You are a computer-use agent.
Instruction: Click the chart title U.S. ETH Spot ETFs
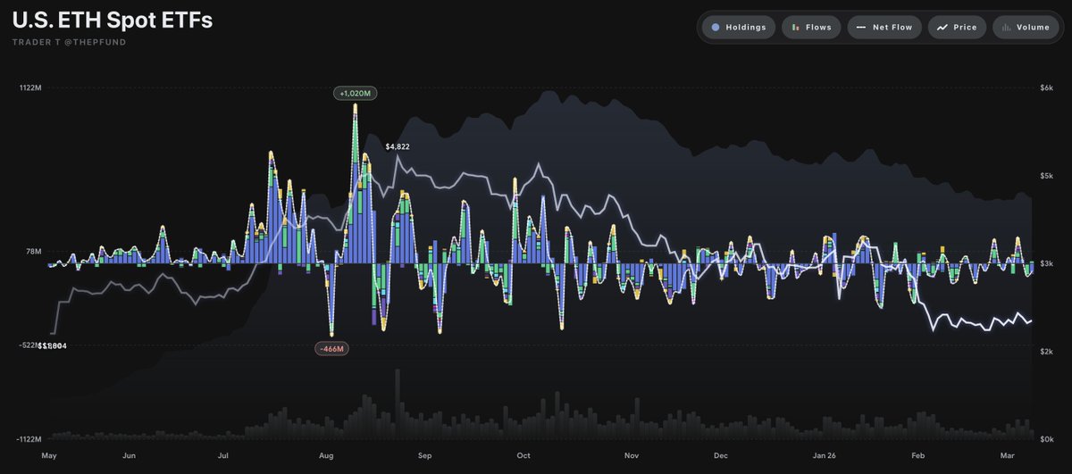tap(113, 21)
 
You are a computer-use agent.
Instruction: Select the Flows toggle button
tap(811, 28)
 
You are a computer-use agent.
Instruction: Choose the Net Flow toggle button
tap(884, 28)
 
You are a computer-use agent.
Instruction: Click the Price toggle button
tap(958, 28)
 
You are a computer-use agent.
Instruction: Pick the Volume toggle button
tap(1026, 28)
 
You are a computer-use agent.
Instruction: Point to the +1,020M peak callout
tap(356, 92)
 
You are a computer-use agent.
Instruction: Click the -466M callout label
tap(331, 348)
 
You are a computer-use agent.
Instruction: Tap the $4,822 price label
tap(398, 146)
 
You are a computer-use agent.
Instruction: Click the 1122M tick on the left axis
tap(29, 87)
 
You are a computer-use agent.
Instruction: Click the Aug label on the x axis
tap(326, 455)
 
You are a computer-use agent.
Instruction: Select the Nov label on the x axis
tap(632, 455)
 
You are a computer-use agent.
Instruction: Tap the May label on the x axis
tap(49, 455)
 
